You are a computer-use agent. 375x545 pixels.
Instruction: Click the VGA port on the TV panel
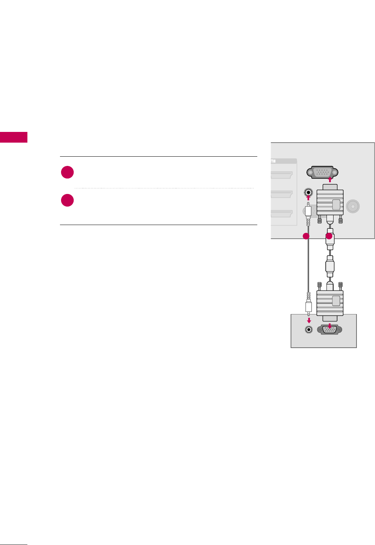pos(322,173)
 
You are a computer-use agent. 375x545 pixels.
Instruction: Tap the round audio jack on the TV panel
pos(308,193)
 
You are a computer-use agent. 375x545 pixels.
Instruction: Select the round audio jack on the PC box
pos(308,330)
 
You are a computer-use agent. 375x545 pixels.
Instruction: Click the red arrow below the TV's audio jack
pos(308,198)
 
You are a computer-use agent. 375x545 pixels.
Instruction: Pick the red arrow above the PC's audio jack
pos(308,320)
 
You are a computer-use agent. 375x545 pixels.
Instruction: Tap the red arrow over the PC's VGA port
pos(329,325)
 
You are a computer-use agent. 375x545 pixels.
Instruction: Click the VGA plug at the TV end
pos(330,203)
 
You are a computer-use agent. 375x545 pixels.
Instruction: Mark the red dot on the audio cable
pos(306,236)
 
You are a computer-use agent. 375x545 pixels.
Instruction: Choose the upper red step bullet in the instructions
pos(67,173)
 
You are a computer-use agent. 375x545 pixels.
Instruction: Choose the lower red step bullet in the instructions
pos(67,200)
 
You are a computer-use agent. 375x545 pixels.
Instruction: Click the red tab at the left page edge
pos(14,137)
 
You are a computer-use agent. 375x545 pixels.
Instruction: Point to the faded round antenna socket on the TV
pos(353,205)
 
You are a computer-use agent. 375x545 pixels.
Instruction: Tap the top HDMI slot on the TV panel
pos(282,175)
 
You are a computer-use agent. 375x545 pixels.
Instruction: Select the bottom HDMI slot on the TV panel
pos(282,214)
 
